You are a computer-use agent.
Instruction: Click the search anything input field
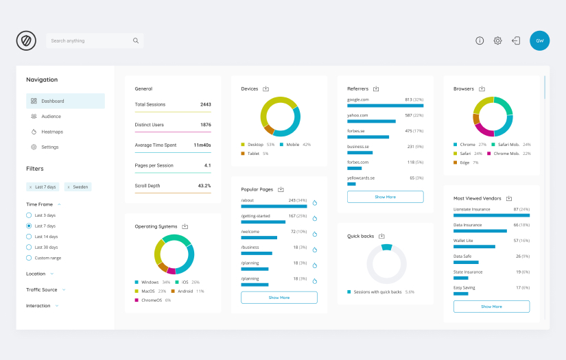pyautogui.click(x=89, y=40)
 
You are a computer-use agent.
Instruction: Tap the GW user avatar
pyautogui.click(x=539, y=40)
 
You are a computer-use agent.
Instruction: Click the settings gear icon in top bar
pyautogui.click(x=497, y=40)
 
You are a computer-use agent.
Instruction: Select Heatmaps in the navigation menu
pyautogui.click(x=51, y=132)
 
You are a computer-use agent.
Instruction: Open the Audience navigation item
pyautogui.click(x=51, y=117)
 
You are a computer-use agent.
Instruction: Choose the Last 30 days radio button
pyautogui.click(x=29, y=247)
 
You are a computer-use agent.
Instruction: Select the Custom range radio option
pyautogui.click(x=29, y=258)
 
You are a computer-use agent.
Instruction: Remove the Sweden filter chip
pyautogui.click(x=69, y=187)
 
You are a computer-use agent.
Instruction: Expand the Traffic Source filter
pyautogui.click(x=42, y=290)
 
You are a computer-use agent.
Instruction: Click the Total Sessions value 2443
pyautogui.click(x=205, y=105)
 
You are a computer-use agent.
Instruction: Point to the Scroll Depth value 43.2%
pyautogui.click(x=204, y=186)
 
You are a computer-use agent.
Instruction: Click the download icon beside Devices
pyautogui.click(x=266, y=88)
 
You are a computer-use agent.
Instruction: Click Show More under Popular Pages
pyautogui.click(x=279, y=298)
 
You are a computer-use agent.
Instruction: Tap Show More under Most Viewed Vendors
pyautogui.click(x=491, y=307)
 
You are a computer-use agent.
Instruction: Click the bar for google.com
pyautogui.click(x=385, y=106)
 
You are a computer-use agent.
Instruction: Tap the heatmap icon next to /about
pyautogui.click(x=315, y=203)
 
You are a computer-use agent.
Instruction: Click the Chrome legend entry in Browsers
pyautogui.click(x=467, y=145)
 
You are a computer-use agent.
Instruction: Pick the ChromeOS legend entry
pyautogui.click(x=151, y=300)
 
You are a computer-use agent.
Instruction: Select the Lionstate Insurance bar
pyautogui.click(x=491, y=215)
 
